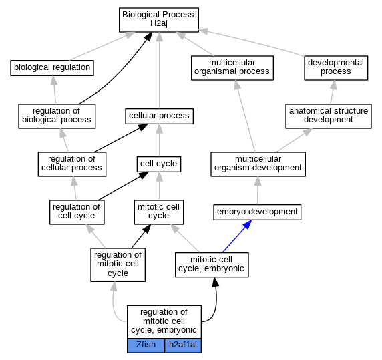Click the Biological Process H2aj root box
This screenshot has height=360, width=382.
coord(159,20)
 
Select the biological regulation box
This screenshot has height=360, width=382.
coord(52,68)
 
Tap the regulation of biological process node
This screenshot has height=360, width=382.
coord(57,116)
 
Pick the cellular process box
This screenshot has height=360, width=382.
coord(160,116)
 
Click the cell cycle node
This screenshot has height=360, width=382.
coord(159,164)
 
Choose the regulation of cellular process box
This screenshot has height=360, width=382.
coord(72,164)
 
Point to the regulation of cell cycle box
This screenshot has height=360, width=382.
coord(77,212)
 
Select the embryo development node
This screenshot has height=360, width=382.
coord(257,212)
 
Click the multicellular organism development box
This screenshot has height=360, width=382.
coord(258,164)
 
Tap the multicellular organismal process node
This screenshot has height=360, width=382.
coord(232,68)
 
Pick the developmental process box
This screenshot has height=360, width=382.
coord(336,68)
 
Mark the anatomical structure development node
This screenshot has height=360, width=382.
coord(329,116)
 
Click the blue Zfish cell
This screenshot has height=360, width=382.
coord(146,345)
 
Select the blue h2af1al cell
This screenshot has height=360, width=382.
coord(183,345)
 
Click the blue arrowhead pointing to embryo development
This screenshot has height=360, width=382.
coord(247,224)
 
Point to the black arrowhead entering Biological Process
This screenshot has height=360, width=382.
coord(148,37)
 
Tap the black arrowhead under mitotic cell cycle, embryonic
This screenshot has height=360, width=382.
coord(215,282)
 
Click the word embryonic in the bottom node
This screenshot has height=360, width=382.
coord(176,330)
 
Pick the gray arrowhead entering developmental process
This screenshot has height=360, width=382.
coord(333,85)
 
